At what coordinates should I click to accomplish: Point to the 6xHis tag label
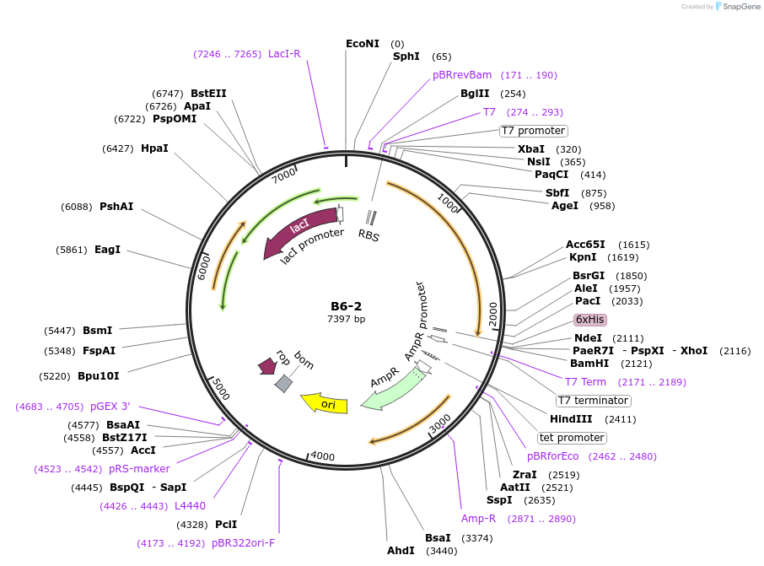pos(589,320)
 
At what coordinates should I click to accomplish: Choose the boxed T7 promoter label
pos(534,131)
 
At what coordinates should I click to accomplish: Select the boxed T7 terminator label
pos(593,401)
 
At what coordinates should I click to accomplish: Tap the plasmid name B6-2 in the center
pos(346,305)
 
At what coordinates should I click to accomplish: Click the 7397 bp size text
pos(346,319)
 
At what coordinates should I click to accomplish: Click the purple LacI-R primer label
pos(284,54)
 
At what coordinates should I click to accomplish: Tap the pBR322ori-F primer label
pos(243,543)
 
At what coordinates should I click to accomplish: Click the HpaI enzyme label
pos(154,148)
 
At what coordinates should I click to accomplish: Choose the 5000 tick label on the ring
pos(220,389)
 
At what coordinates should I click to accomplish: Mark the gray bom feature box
pos(284,383)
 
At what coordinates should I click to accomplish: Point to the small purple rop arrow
pos(267,366)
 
